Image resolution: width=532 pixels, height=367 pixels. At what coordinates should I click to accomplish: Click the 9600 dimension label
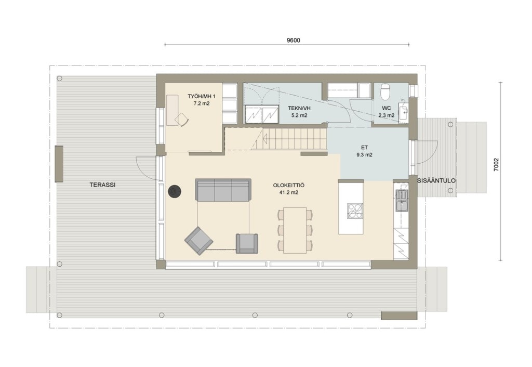(x=294, y=41)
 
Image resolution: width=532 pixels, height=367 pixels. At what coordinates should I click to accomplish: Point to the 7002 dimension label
(x=496, y=165)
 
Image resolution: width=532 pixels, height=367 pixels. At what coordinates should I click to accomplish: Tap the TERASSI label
(x=102, y=185)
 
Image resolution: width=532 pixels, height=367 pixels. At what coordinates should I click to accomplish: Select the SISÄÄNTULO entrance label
(x=436, y=180)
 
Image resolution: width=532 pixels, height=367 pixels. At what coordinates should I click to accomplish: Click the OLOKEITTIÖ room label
(x=289, y=186)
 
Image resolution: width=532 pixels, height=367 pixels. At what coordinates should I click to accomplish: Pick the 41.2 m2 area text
(x=289, y=192)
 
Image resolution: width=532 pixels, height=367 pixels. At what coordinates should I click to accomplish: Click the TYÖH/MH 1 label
(x=202, y=96)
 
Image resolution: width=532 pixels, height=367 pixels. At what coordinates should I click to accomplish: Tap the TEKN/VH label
(x=299, y=108)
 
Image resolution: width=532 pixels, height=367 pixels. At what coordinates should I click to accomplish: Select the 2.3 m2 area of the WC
(x=387, y=115)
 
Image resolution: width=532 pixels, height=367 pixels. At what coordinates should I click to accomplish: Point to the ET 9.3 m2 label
(x=364, y=151)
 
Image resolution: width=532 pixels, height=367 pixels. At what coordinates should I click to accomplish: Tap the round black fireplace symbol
(x=175, y=191)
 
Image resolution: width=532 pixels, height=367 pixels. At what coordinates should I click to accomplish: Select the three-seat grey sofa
(x=223, y=190)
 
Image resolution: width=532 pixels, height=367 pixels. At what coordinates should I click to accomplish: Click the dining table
(x=295, y=230)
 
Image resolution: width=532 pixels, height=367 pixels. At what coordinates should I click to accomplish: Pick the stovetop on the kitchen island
(x=354, y=211)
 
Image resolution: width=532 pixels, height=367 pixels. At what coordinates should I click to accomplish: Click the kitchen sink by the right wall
(x=402, y=201)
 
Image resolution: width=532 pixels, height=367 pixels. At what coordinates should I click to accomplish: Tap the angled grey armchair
(x=199, y=241)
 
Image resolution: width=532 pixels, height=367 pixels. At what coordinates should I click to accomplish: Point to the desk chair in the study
(x=182, y=120)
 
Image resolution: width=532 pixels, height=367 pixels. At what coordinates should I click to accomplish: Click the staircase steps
(x=289, y=138)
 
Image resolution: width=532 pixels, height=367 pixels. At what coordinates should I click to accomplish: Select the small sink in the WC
(x=403, y=112)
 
